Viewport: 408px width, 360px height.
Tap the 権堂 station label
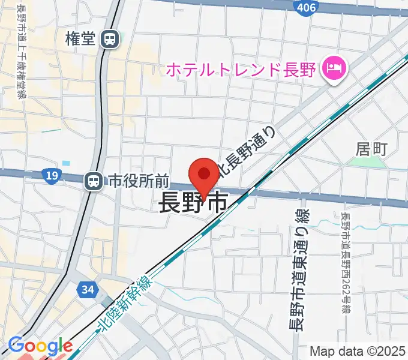pos(81,40)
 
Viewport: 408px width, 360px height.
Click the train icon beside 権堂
pos(110,40)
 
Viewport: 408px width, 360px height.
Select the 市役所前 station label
pos(139,180)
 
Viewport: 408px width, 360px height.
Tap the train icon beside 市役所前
pos(93,180)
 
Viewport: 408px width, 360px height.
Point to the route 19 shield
pos(51,175)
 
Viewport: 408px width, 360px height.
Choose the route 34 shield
pos(88,290)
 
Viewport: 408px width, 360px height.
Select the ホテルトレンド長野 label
pos(240,70)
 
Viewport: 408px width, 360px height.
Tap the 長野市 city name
pos(193,204)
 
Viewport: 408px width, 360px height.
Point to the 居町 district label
pos(372,147)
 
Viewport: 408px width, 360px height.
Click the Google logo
pos(40,346)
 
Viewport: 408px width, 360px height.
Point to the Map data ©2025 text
pos(357,351)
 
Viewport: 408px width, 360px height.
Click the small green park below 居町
pos(374,161)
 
